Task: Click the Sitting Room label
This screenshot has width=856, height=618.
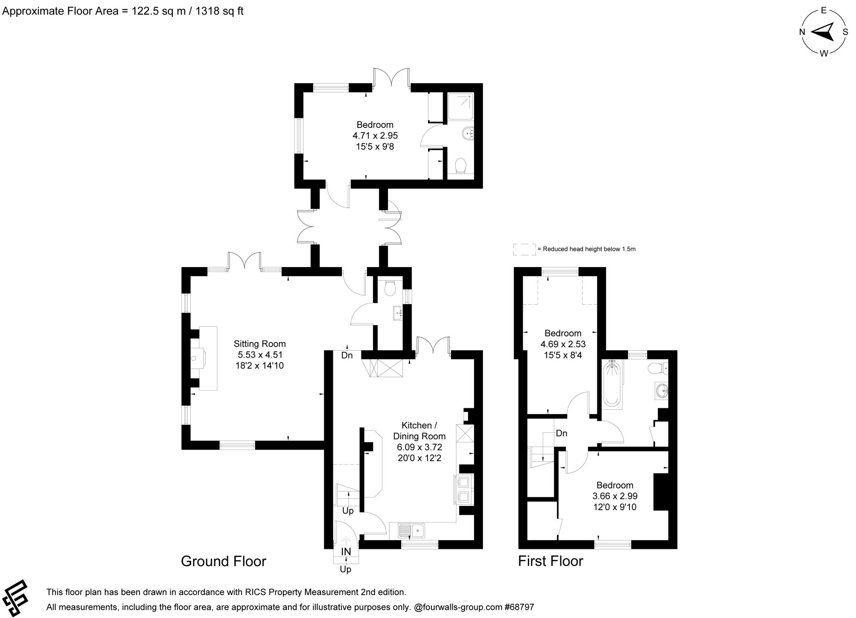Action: (x=259, y=344)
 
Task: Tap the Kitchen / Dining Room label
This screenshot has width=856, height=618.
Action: (x=419, y=431)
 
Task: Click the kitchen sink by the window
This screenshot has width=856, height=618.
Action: (x=412, y=531)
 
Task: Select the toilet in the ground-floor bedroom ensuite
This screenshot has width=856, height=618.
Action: (x=460, y=166)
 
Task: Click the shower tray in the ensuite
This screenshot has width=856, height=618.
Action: (x=461, y=106)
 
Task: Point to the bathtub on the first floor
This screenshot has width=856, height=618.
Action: (x=612, y=383)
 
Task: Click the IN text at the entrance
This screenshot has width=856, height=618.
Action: (x=346, y=552)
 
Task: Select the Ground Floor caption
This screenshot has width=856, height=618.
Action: (x=223, y=561)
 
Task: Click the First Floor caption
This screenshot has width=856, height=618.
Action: (x=550, y=561)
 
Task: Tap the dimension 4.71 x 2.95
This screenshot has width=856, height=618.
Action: (x=375, y=135)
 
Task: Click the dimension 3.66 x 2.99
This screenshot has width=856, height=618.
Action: (x=614, y=496)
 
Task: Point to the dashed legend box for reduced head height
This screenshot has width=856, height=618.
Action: (x=524, y=249)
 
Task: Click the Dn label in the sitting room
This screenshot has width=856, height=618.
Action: (x=347, y=356)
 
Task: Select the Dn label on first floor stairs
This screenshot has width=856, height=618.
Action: (x=561, y=433)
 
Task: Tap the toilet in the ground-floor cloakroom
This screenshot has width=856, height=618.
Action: (x=390, y=288)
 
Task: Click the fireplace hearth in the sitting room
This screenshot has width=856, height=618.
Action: (x=208, y=358)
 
